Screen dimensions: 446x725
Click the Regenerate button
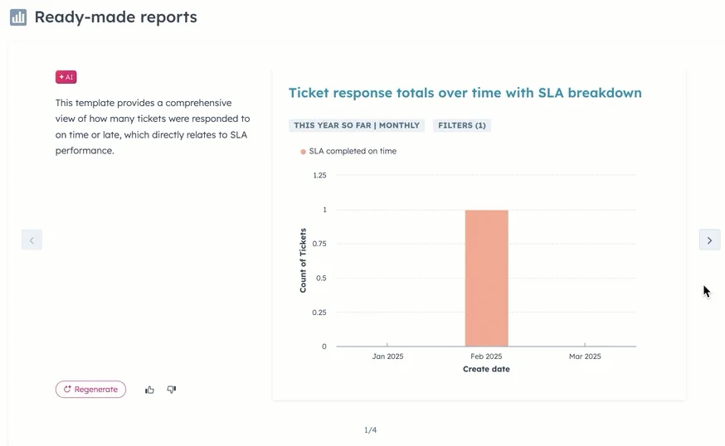(x=90, y=390)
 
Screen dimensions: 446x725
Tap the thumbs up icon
(x=150, y=390)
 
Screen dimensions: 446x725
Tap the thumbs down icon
(x=172, y=390)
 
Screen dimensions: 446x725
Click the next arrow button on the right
(x=709, y=240)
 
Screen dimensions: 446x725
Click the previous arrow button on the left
(x=32, y=240)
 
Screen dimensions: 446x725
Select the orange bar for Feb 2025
(x=486, y=278)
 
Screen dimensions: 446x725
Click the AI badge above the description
(x=66, y=77)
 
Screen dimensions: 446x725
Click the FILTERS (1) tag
(x=462, y=126)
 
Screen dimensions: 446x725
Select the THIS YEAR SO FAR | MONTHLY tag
(x=357, y=126)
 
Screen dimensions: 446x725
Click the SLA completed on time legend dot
(x=304, y=152)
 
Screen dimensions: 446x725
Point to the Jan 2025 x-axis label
(x=387, y=356)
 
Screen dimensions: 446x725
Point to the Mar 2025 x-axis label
(x=585, y=356)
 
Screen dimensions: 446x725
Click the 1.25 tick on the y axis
(x=319, y=176)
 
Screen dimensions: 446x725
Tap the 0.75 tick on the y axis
(x=319, y=244)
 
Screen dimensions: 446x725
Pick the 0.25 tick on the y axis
(x=319, y=313)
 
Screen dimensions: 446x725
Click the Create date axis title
(x=486, y=369)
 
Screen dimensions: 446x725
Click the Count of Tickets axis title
(x=303, y=260)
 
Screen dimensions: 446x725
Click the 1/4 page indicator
(x=370, y=430)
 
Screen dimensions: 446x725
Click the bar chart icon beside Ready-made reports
(x=18, y=17)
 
